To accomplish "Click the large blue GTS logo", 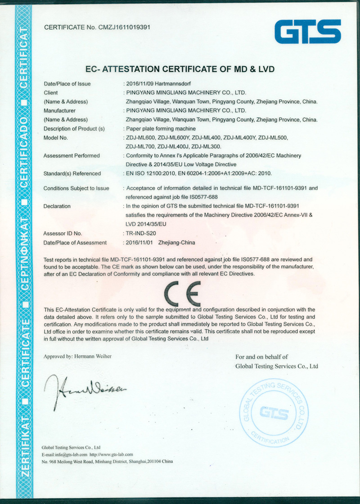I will pyautogui.click(x=308, y=32).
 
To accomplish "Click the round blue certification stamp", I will pyautogui.click(x=274, y=412).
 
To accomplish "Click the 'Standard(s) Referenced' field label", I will pyautogui.click(x=72, y=173).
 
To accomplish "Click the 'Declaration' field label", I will pyautogui.click(x=57, y=206).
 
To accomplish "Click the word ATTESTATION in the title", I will pyautogui.click(x=132, y=69).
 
